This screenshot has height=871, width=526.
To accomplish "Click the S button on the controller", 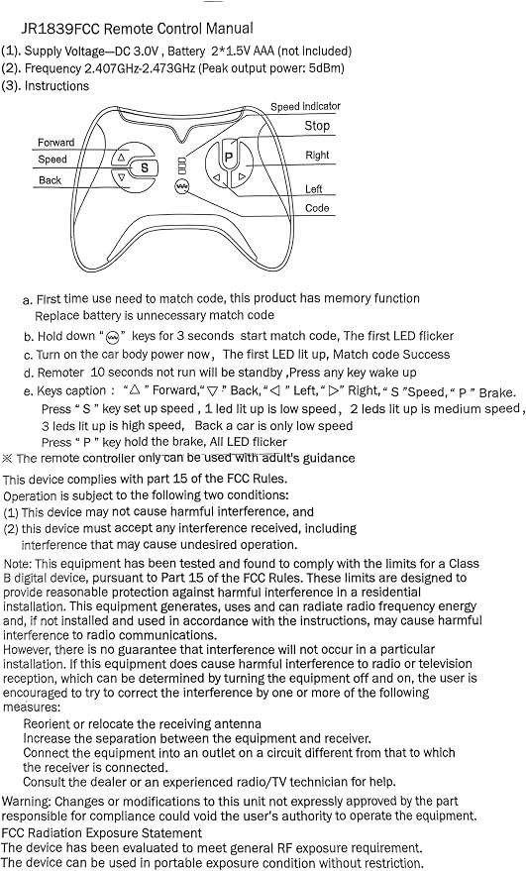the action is [x=144, y=167].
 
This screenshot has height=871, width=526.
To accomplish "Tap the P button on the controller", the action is [x=228, y=158].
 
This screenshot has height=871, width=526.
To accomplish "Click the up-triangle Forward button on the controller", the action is [x=121, y=158].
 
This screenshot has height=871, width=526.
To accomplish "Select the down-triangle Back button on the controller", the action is [x=121, y=177].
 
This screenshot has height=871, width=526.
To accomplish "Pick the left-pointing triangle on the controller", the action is [x=217, y=177].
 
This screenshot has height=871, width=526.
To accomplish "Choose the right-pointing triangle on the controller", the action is [x=242, y=177].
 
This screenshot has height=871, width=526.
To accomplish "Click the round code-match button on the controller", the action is [x=181, y=186].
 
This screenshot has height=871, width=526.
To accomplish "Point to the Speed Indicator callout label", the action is [x=305, y=106].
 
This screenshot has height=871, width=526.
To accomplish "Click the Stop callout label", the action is [x=317, y=126].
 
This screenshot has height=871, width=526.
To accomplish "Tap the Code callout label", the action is [x=317, y=208].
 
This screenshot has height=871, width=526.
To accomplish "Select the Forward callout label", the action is [x=55, y=143].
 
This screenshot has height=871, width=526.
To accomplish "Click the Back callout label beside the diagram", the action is [x=50, y=180].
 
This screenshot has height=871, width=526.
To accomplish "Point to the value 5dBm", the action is [x=326, y=68].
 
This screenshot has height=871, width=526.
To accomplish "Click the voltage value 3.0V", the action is [x=146, y=52].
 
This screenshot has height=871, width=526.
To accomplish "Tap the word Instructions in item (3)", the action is [x=56, y=86].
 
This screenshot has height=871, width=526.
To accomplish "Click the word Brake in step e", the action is [x=496, y=392].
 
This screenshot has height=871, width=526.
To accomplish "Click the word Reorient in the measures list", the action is [x=47, y=723].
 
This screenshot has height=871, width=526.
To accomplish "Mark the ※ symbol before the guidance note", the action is [x=7, y=458].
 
